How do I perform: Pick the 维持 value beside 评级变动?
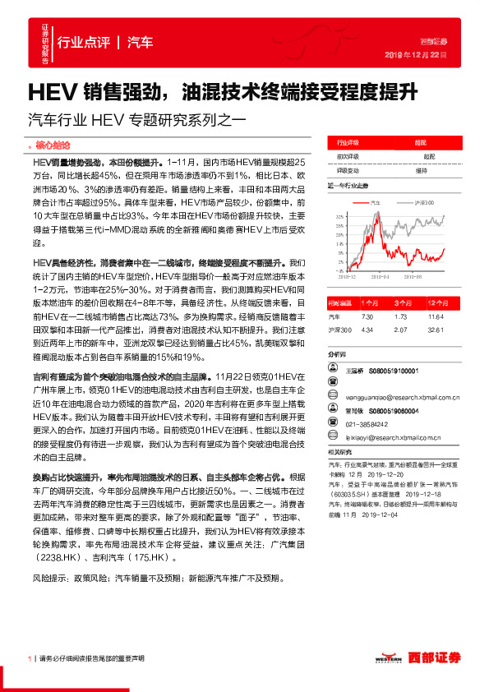(422, 170)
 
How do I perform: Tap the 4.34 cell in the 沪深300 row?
(367, 330)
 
